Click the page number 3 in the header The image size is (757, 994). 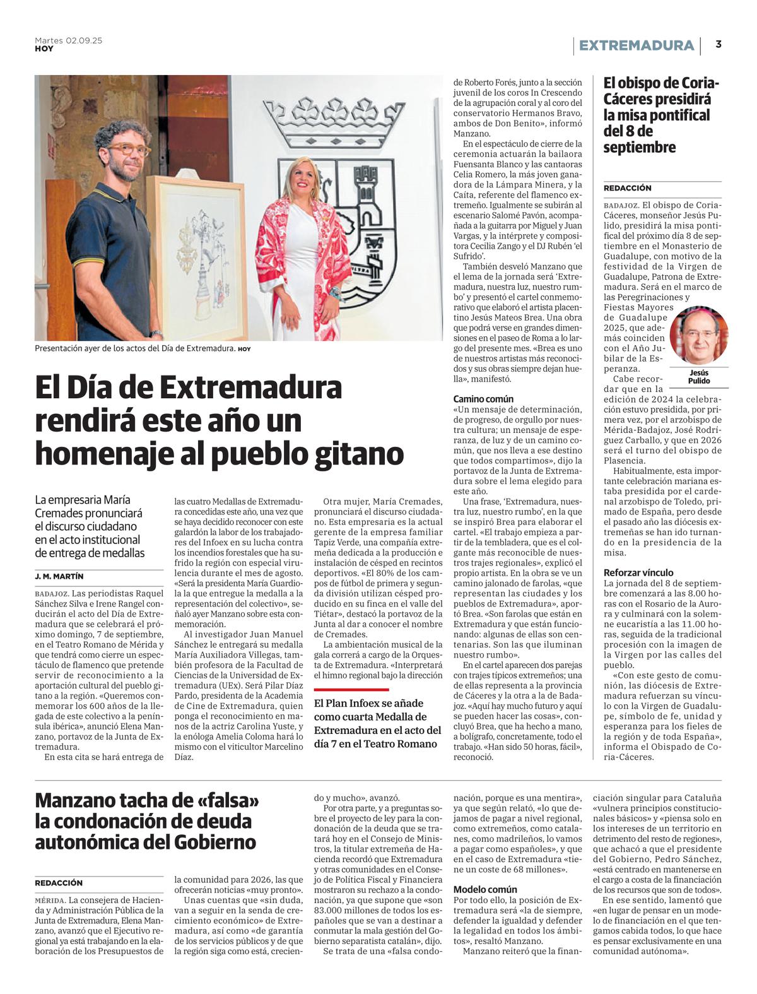[x=719, y=44]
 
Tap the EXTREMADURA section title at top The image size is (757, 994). [x=636, y=45]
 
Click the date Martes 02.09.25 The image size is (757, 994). [x=68, y=40]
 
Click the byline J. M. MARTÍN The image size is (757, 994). [x=59, y=576]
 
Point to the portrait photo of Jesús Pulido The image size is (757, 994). [x=698, y=334]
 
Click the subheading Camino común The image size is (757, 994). [x=483, y=399]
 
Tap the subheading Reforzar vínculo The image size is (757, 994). [x=638, y=572]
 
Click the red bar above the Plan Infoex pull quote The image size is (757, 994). [x=351, y=690]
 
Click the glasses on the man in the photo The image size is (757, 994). [x=129, y=150]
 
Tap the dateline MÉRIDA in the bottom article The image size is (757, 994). [x=50, y=900]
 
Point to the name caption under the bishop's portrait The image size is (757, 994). [x=699, y=377]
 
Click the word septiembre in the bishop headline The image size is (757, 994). [x=639, y=147]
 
